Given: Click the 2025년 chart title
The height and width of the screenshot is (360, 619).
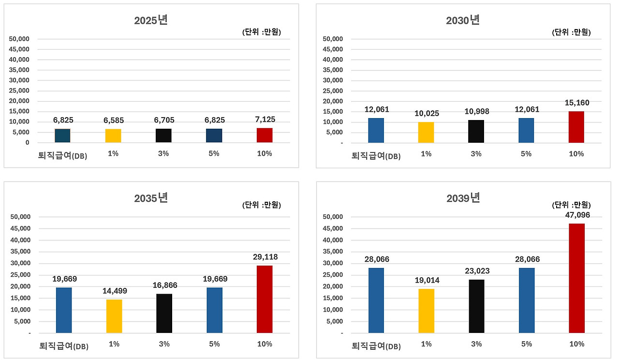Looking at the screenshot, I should (x=151, y=20).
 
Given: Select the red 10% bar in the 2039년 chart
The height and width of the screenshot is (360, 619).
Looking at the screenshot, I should (x=576, y=278).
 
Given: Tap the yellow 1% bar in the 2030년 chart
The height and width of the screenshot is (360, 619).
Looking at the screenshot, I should (x=426, y=132).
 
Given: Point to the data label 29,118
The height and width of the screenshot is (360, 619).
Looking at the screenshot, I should (x=265, y=257).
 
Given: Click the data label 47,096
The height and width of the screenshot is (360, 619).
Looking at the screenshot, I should (x=576, y=215).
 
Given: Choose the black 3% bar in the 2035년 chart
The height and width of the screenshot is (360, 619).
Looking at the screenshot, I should (x=164, y=313).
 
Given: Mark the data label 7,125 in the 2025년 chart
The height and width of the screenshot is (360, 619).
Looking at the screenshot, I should (x=265, y=120).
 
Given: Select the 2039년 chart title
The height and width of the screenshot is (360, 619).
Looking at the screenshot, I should (x=463, y=198).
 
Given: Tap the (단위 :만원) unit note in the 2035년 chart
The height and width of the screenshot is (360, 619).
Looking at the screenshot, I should (x=261, y=205).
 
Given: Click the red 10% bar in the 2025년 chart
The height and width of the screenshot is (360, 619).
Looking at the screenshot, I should (x=265, y=135).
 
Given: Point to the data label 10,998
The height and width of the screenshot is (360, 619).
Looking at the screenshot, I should (x=476, y=112).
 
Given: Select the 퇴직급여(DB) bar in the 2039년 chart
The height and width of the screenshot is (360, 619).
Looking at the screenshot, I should (x=376, y=300).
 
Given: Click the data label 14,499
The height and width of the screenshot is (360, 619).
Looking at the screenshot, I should (x=114, y=291).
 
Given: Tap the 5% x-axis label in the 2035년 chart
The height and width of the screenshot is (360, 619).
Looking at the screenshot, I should (x=214, y=344).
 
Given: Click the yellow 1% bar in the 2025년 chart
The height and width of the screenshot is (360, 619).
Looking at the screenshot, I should (x=113, y=135).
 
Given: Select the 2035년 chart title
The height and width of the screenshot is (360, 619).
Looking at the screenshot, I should (x=151, y=198).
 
